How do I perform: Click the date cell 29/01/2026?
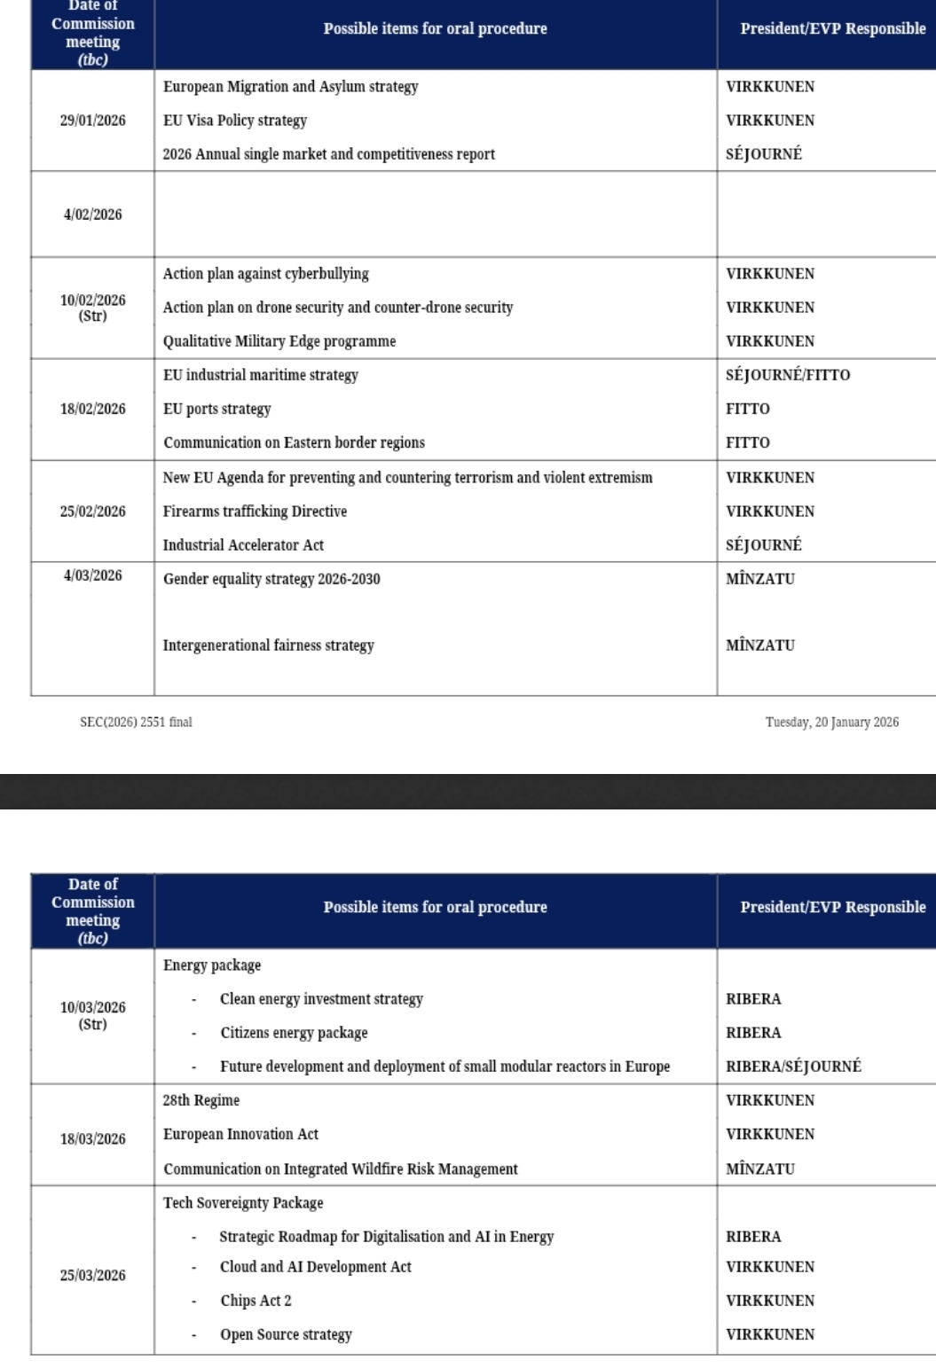[92, 121]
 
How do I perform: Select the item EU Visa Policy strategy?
[235, 121]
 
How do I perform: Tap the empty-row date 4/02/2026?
[92, 215]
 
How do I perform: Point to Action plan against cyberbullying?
[265, 274]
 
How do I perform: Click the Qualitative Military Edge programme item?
[279, 341]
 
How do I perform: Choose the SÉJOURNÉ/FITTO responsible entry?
[788, 375]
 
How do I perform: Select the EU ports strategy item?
[216, 409]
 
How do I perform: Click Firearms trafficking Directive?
[255, 512]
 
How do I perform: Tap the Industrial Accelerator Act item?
[243, 545]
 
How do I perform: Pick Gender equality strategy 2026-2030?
[271, 579]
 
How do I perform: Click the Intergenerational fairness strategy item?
[268, 645]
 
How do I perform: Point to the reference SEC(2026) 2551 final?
[136, 722]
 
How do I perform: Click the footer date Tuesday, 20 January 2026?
[831, 722]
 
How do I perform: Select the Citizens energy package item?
[294, 1033]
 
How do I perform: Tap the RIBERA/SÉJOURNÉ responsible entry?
[793, 1067]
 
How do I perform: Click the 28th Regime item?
[201, 1100]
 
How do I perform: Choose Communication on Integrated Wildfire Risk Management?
[340, 1169]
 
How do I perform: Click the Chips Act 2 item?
[256, 1301]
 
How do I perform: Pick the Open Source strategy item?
[286, 1334]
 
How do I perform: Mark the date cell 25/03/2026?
[92, 1275]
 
